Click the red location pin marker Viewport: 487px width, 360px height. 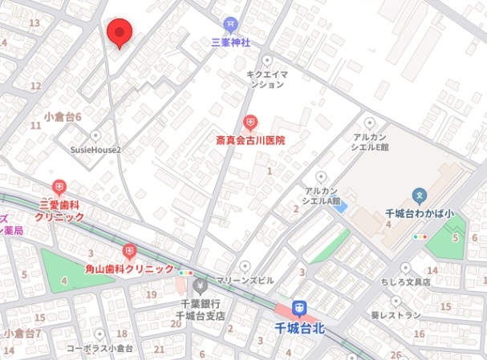(x=120, y=33)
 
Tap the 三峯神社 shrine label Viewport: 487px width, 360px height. (x=231, y=42)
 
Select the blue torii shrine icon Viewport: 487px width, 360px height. (x=231, y=26)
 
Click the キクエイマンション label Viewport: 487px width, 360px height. (x=267, y=78)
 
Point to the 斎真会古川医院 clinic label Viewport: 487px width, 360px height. (x=250, y=140)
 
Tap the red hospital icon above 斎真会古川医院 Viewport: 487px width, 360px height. (x=250, y=123)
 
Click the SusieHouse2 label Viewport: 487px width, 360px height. (x=95, y=148)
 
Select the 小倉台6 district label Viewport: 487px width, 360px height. (x=63, y=117)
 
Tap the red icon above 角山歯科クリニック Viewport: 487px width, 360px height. (x=130, y=251)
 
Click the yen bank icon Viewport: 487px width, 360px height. (x=201, y=285)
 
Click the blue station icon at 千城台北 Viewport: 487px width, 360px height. (x=298, y=308)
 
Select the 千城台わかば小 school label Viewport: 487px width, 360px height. (x=419, y=213)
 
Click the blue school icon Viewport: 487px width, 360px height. (x=418, y=195)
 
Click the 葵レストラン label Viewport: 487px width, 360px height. (x=395, y=315)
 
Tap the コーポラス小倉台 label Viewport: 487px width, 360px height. (x=98, y=349)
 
